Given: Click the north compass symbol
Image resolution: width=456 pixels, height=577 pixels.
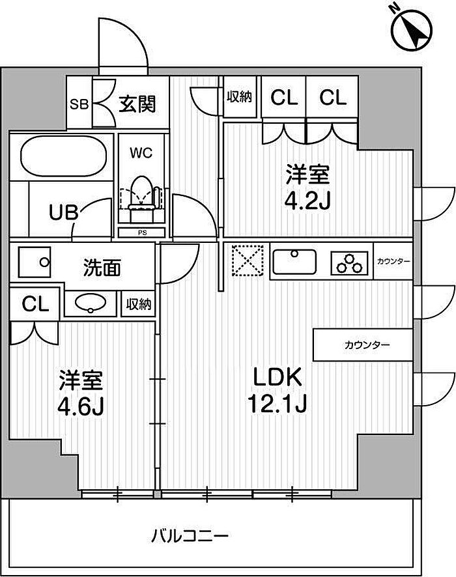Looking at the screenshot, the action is pos(412,29).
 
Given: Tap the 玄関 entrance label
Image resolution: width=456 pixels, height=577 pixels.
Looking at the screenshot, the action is pos(137,104).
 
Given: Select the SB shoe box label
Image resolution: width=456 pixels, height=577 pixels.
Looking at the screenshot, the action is pos(79,104).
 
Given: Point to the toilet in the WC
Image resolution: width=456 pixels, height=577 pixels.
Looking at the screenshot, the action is pos(142,199).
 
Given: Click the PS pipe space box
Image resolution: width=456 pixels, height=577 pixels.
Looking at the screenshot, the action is pos(142,232).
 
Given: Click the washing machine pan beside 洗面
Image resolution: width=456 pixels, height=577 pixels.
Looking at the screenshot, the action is pos(35,262).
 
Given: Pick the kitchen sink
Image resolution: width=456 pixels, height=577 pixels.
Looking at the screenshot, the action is pos(294,262).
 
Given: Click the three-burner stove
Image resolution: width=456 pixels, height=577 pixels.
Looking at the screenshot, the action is pos(349,262).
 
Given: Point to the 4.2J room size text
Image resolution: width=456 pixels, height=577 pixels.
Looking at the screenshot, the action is pos(307,201).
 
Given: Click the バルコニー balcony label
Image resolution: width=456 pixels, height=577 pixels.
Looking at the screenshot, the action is pos(190,535).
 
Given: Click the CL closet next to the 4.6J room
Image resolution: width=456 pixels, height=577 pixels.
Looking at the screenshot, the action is pos(35,304).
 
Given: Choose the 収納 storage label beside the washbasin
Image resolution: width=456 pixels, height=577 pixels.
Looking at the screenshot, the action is pos(139,304).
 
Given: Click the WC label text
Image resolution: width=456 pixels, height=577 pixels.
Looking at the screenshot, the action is pos(141,153).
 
